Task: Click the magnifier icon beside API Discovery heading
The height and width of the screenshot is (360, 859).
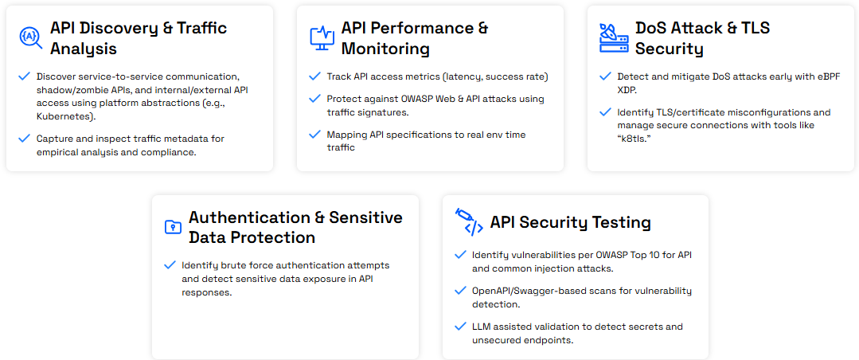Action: point(30,37)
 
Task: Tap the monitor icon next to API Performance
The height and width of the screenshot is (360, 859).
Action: point(322,37)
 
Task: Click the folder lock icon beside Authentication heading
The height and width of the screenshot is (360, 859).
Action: point(173,227)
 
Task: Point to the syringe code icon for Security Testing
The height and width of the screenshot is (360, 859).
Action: point(469,222)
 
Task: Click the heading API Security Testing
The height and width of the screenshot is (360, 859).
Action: point(570,222)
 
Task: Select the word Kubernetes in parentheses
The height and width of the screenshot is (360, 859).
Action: point(65,117)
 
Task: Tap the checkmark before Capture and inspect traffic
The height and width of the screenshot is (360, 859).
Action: point(24,139)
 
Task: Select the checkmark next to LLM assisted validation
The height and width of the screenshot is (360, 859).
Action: point(459,327)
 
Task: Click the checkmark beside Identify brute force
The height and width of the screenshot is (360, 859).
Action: point(169,265)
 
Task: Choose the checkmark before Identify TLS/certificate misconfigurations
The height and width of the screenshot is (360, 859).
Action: point(605,112)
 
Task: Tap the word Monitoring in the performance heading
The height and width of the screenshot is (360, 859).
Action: point(385,49)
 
